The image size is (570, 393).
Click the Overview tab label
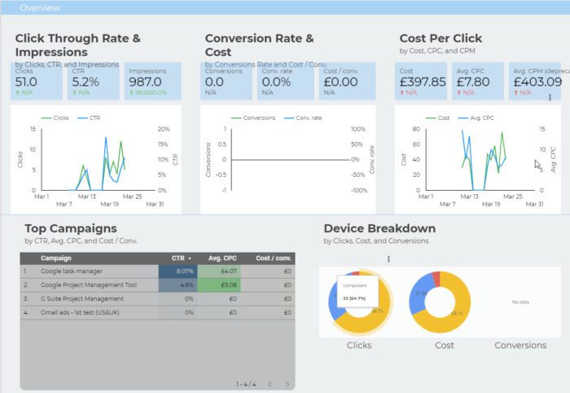coord(40,8)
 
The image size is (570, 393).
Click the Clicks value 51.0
coord(26,82)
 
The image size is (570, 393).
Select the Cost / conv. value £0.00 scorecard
coord(340,82)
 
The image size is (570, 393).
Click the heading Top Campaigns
coord(71,228)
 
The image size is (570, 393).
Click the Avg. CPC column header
coord(217,258)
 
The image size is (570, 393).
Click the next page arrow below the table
coord(288,383)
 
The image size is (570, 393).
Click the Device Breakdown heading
coord(379,228)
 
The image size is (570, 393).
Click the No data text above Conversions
coord(520,302)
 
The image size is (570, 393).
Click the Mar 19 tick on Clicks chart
coord(110,204)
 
